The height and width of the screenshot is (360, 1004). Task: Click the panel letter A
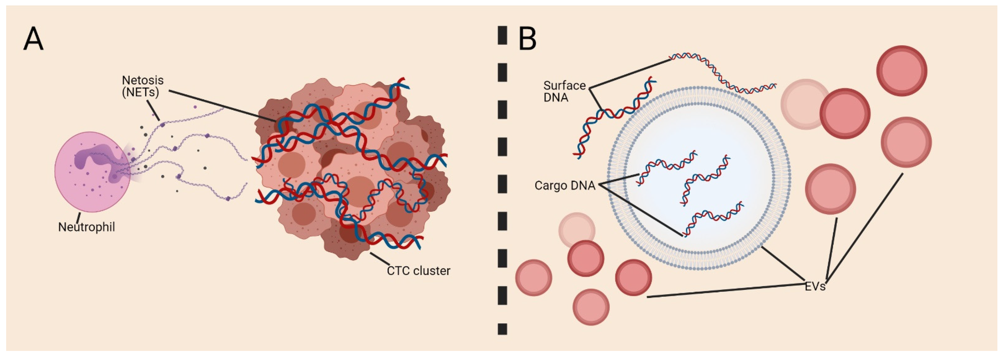pos(33,39)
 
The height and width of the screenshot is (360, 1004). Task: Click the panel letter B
pos(527,39)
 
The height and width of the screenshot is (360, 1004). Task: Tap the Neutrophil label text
pos(86,227)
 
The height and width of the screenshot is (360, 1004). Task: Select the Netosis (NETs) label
pos(143,86)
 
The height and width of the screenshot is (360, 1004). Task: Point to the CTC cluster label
pos(418,270)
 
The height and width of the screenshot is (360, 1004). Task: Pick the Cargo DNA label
pos(565,185)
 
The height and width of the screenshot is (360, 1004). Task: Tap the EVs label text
pos(815,286)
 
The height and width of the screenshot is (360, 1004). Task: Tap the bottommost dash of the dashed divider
pos(502,329)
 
